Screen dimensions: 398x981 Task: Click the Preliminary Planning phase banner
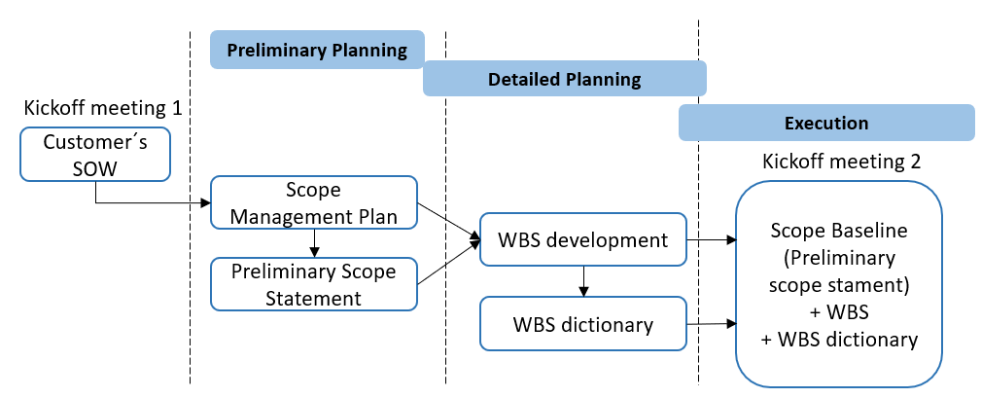tap(317, 51)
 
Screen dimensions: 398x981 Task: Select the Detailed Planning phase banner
tap(564, 79)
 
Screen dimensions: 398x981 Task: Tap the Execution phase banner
tap(825, 124)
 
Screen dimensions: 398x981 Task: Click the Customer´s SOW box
tap(94, 154)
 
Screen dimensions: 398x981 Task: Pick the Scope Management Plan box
tap(314, 202)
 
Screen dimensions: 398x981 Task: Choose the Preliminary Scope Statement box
tap(314, 284)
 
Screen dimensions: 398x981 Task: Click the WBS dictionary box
tap(583, 324)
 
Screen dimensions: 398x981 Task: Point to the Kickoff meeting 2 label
tap(842, 162)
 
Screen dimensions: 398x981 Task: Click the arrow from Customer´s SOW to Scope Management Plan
tap(146, 203)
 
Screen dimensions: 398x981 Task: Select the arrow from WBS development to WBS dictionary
tap(583, 280)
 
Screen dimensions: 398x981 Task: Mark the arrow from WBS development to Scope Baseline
tap(711, 239)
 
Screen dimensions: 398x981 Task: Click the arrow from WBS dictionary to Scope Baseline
tap(711, 324)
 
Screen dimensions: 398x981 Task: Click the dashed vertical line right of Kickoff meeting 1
tap(190, 243)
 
